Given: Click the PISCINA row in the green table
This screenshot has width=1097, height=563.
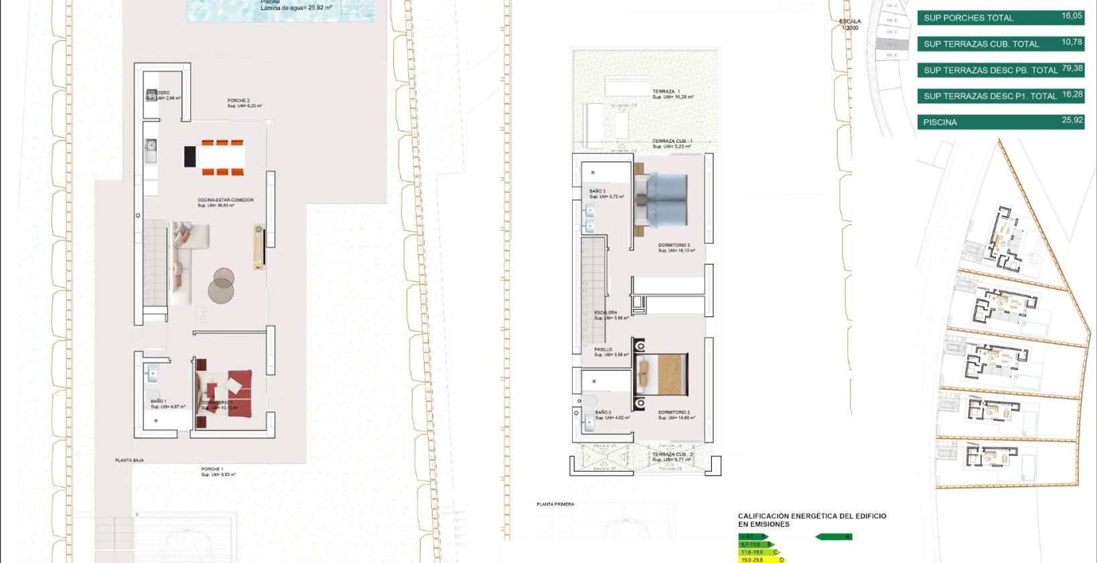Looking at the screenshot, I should tap(1001, 122).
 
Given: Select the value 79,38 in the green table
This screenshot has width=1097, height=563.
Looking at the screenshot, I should tap(1072, 68).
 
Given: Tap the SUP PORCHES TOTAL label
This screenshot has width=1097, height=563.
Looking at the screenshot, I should tap(968, 18).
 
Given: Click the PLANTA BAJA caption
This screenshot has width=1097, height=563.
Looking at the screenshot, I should tap(129, 460).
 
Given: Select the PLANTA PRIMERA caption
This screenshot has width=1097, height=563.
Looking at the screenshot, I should tap(555, 504).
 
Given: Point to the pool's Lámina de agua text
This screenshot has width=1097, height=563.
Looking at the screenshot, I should tap(296, 7).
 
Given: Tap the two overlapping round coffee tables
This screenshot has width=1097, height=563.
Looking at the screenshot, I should tap(221, 284).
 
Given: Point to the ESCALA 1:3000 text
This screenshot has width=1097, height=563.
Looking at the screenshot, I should tap(850, 24).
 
